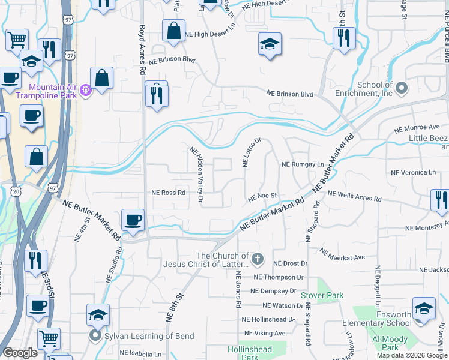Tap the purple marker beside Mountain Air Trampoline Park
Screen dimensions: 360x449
(86, 91)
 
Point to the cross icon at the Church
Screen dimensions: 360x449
(257, 259)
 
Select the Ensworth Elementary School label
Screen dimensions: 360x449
(377, 319)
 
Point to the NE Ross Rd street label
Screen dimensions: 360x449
(168, 193)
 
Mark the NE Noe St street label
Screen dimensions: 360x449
(262, 196)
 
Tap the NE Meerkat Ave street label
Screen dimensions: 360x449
(342, 254)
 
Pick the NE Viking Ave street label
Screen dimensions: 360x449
(265, 333)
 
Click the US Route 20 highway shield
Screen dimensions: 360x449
(16, 190)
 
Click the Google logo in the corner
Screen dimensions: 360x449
(20, 353)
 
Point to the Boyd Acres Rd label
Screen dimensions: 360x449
(142, 46)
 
